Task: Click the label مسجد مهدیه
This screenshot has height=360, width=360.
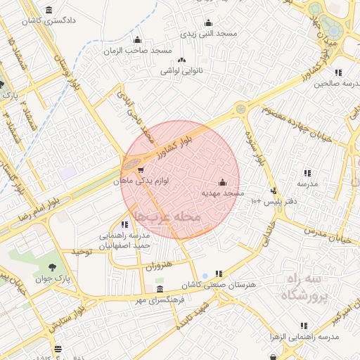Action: [x=223, y=192]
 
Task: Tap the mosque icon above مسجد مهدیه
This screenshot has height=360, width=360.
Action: [x=223, y=181]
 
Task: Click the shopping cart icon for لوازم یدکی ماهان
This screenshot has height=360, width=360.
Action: [x=141, y=169]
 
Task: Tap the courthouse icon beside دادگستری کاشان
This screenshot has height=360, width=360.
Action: [x=49, y=11]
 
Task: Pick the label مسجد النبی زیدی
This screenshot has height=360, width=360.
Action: [x=208, y=34]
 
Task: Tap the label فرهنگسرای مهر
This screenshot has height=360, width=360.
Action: [x=161, y=300]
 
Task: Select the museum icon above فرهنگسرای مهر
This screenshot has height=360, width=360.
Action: [x=160, y=290]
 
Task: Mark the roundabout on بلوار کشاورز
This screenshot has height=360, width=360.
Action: [x=241, y=109]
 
